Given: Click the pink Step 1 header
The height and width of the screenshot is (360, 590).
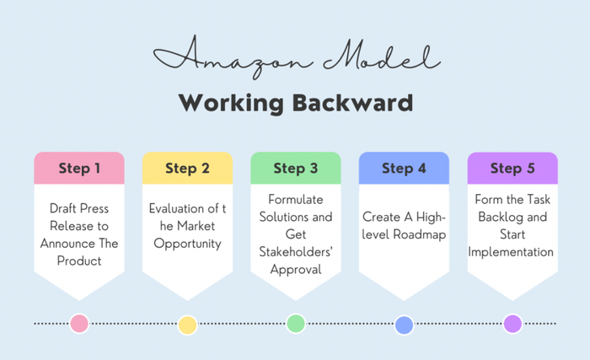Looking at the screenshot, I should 79,168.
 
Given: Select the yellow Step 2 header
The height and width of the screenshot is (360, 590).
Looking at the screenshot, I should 187,168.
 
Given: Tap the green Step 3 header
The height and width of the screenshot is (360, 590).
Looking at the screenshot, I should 296,168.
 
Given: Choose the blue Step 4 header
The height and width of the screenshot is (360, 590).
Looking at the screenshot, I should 404,168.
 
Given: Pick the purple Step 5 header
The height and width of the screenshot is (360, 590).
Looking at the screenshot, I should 512,168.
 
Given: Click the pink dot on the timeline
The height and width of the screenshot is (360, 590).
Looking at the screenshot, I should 79,323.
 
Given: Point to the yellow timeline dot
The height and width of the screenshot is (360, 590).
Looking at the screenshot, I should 187,325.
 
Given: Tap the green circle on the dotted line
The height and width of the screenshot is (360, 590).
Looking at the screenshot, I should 296,323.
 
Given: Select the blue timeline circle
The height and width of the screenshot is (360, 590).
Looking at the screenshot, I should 404,325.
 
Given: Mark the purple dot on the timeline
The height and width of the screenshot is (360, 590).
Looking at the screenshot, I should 512,323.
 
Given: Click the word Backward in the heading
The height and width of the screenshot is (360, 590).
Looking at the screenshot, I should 354,103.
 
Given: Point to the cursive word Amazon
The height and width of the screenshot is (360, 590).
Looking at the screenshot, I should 217,57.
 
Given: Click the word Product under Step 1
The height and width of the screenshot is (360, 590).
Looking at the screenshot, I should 79,261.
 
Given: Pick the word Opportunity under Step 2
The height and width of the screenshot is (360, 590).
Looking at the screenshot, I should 187,244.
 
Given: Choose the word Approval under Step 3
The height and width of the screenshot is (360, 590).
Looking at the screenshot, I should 296,269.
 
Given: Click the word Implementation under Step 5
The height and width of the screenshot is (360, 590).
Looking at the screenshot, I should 512,251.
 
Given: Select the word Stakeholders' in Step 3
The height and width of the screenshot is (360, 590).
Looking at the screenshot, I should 296,251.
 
